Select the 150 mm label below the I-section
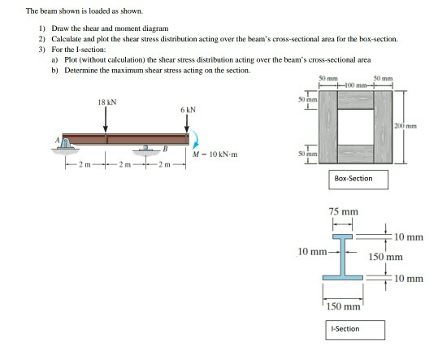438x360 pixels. [x=343, y=307]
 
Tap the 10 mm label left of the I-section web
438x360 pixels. [x=314, y=251]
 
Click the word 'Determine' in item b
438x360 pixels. [x=77, y=71]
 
